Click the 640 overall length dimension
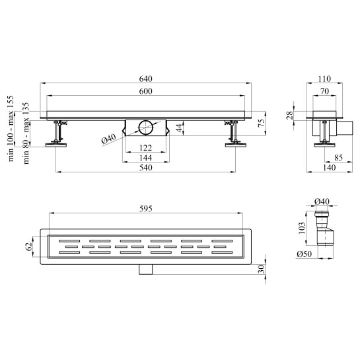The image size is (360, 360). click(146, 79)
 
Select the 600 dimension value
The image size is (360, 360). click(146, 91)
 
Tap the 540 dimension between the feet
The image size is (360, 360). click(146, 168)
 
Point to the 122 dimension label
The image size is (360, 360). click(146, 148)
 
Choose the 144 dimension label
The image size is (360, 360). click(146, 158)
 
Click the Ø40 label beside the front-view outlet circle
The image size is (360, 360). click(109, 139)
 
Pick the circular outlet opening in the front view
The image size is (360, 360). click(145, 127)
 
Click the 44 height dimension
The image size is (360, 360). click(180, 128)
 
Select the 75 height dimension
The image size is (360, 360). click(262, 124)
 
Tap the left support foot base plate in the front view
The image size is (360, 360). click(56, 145)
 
